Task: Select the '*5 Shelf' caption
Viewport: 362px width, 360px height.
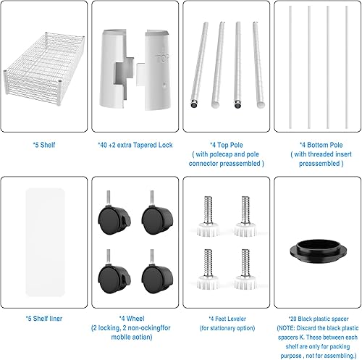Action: click(44, 143)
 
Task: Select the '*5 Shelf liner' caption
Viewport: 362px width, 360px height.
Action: click(44, 317)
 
